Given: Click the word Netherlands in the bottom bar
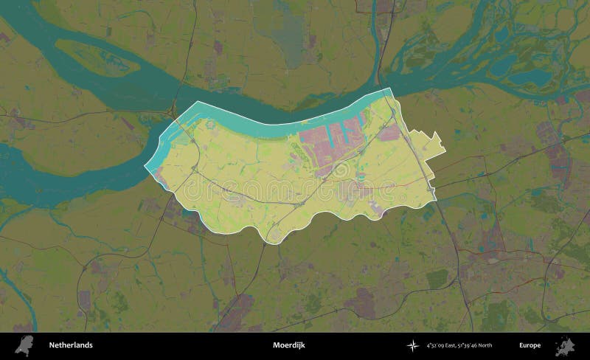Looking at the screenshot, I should pos(71,345).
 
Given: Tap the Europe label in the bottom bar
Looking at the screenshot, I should pos(529,345).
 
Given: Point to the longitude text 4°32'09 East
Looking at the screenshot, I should pos(440,345).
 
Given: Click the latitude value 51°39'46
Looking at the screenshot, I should pos(472,345).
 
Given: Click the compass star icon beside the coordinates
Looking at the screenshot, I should pos(412,345).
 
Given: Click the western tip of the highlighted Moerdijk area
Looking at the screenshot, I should pos(145,169).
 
